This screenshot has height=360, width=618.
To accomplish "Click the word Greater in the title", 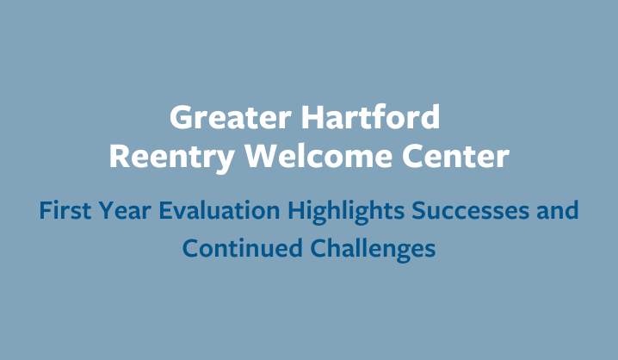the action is coord(231,117).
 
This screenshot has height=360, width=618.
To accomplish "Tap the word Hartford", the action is coord(370,117).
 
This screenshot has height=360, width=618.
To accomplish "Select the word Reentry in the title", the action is coord(172,158).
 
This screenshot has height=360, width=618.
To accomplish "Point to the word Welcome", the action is coord(318,156).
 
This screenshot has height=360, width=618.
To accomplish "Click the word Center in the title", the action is coord(455,156).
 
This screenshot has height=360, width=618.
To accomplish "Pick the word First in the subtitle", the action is coord(65,210).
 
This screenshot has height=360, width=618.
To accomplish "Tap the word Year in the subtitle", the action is coord(125,210).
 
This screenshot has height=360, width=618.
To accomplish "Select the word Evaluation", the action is coord(219,210).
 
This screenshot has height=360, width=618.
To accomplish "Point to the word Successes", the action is coord(470,210).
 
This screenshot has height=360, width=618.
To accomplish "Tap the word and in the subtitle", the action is coord(557,210).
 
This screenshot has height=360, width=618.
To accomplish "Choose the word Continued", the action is coord(243,248).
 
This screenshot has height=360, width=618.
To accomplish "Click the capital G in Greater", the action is coord(181,117).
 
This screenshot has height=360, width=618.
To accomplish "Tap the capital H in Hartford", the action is coord(312,117).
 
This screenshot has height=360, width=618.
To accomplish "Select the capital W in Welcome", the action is coord(262,156).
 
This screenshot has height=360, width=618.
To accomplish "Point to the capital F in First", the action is coord(46,210).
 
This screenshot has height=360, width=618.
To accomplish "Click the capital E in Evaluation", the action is coord(165,210).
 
